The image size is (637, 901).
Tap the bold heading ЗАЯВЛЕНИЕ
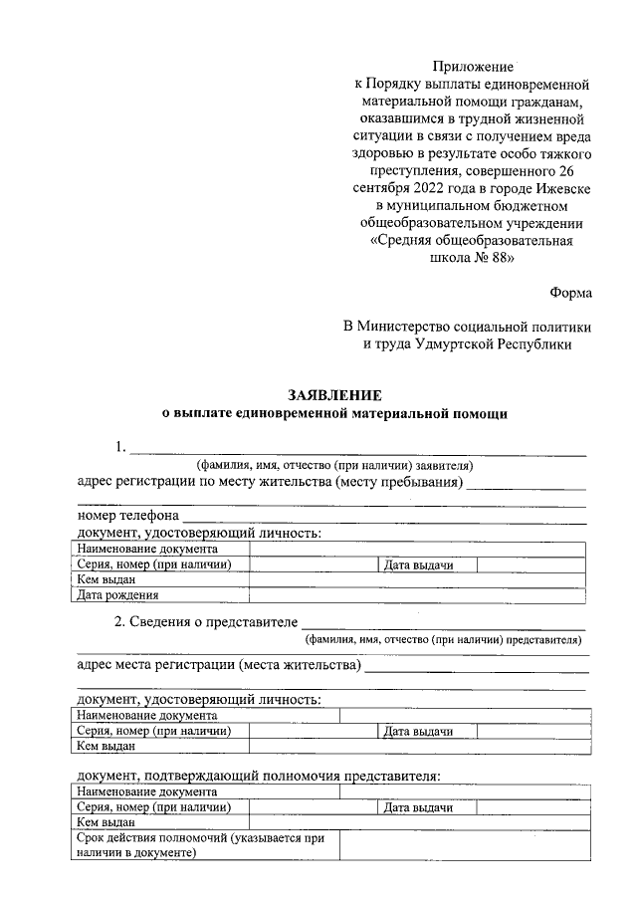pos(334,395)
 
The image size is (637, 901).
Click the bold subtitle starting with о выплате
pos(334,413)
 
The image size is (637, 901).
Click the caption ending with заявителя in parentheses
pos(333,465)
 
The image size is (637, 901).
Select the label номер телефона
pos(127,517)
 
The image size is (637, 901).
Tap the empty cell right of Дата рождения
pos(416,595)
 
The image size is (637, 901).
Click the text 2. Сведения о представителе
pos(206,622)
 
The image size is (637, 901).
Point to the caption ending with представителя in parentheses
pos(443,640)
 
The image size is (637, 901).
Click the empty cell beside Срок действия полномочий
pos(462,845)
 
